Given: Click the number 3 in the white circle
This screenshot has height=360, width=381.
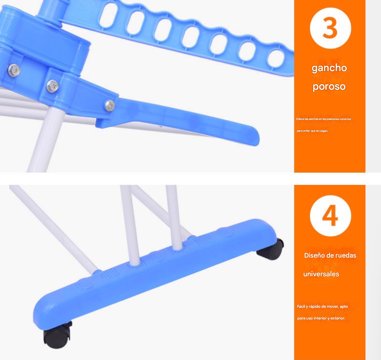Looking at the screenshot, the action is point(330,28).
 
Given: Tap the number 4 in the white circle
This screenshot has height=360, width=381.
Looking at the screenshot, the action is point(330,216).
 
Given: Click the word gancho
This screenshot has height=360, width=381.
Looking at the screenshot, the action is point(329,68).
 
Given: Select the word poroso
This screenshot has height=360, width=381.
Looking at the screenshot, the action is point(329,87).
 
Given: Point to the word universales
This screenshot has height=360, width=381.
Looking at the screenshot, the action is point(321,274).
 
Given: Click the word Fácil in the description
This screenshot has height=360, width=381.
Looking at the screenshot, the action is point(301,306).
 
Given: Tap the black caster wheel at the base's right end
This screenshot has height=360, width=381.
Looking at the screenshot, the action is point(270,249).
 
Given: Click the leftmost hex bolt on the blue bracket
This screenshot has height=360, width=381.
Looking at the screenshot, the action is point(14,70).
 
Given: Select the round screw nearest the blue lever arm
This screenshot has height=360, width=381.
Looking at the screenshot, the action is point(110,106).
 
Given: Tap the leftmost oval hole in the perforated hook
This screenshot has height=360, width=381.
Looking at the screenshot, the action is point(109,15).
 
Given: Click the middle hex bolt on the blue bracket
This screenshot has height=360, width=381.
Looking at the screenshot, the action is point(53,86).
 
